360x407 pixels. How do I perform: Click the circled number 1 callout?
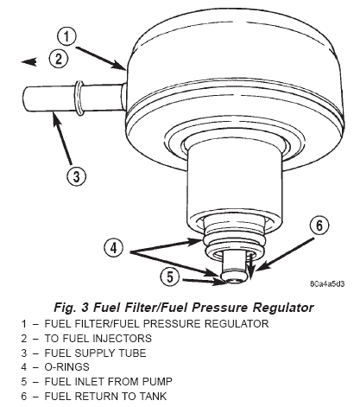[66, 36]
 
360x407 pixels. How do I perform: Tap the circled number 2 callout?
[59, 59]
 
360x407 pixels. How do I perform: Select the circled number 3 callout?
[76, 176]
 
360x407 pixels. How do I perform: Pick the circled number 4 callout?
[114, 248]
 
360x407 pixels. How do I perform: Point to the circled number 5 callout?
[170, 277]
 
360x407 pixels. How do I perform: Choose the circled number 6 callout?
[319, 226]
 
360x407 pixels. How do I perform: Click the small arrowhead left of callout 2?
[29, 61]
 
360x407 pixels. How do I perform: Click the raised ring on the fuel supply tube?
[79, 99]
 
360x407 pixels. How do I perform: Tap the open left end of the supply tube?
[26, 99]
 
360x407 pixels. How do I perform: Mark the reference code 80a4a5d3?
[327, 283]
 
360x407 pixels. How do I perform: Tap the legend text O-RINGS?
[66, 367]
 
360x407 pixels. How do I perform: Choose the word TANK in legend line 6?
[153, 396]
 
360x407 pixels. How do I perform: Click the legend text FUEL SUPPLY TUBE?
[95, 353]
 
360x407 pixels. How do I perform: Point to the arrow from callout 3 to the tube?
[62, 139]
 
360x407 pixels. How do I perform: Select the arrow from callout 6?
[284, 255]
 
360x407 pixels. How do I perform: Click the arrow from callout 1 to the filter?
[100, 58]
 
